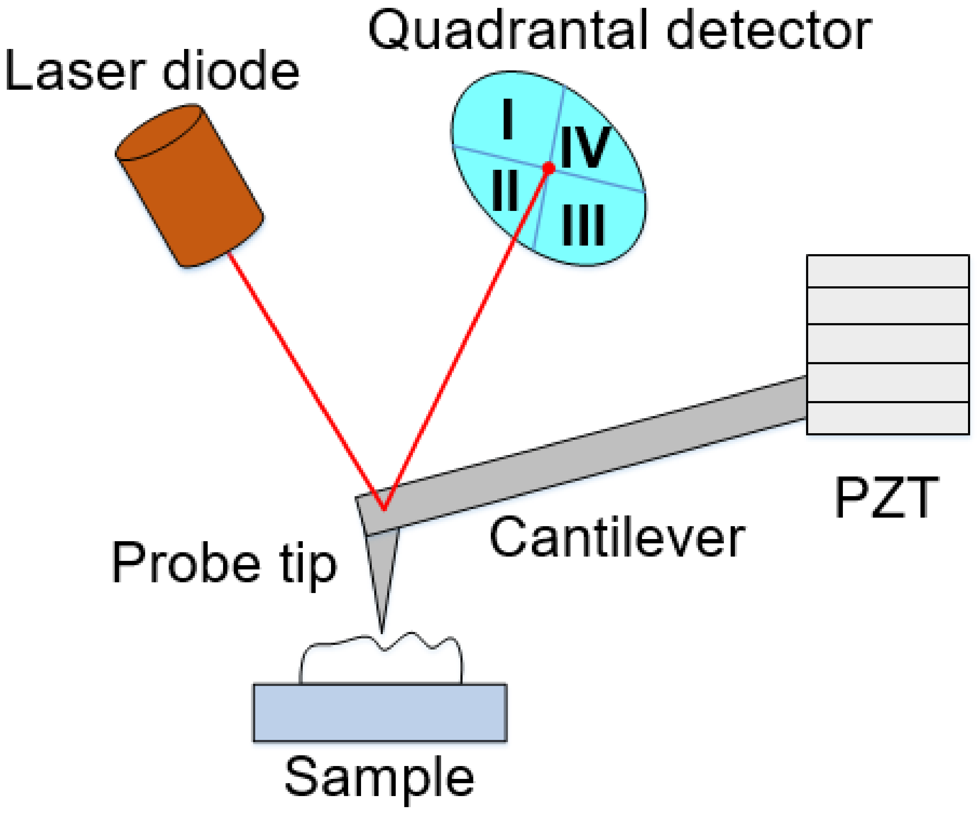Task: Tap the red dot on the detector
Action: click(549, 168)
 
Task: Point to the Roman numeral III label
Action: click(583, 226)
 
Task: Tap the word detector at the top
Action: click(769, 31)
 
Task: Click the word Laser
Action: click(74, 72)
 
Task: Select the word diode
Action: click(231, 72)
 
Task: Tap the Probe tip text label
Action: click(223, 563)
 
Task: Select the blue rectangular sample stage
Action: click(380, 712)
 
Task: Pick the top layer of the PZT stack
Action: click(888, 271)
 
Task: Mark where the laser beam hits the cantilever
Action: click(384, 509)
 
